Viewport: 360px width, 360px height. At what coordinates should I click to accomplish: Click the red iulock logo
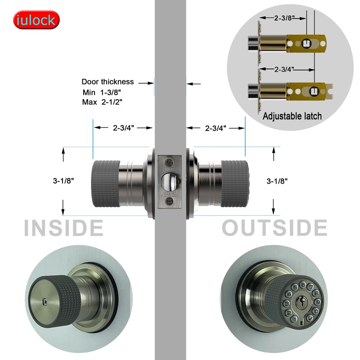pos(36,20)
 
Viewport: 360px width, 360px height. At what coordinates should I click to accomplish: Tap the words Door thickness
pos(108,82)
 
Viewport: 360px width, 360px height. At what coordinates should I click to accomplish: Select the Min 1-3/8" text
pos(103,92)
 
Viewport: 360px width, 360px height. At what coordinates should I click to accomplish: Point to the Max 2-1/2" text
pos(103,102)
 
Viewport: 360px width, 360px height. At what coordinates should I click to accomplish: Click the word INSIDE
pos(63,228)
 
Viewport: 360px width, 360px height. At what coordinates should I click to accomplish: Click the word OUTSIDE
pos(274,228)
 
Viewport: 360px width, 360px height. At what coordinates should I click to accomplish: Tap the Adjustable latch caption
pos(292,116)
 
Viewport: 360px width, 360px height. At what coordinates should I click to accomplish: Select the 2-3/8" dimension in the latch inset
pos(284,18)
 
